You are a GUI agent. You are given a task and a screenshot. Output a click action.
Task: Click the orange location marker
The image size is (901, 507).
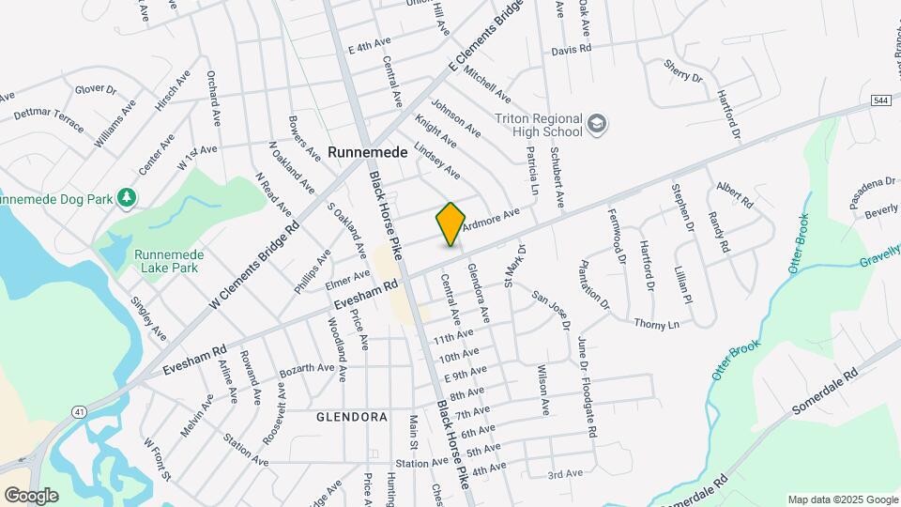[x=450, y=224]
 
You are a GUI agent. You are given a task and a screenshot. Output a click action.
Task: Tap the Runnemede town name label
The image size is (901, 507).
[x=368, y=152]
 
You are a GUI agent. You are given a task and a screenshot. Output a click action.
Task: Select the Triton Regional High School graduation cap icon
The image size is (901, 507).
[x=597, y=124]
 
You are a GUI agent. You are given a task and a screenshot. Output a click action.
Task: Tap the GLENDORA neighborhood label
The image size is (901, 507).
[x=352, y=416]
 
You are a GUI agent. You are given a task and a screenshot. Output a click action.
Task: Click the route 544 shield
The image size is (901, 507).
[x=880, y=100]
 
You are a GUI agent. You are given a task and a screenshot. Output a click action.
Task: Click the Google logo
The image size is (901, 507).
[x=31, y=495]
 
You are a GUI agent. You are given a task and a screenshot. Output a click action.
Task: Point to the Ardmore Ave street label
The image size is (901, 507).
[x=490, y=218]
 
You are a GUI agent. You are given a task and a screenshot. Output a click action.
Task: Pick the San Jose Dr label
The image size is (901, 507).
[x=550, y=310]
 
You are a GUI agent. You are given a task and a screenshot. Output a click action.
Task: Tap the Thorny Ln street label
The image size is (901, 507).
[x=656, y=325]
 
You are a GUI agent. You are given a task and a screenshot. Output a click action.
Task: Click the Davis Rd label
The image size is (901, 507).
[x=571, y=50]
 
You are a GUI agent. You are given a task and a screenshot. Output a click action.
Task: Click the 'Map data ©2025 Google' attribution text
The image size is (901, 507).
[x=841, y=499]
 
